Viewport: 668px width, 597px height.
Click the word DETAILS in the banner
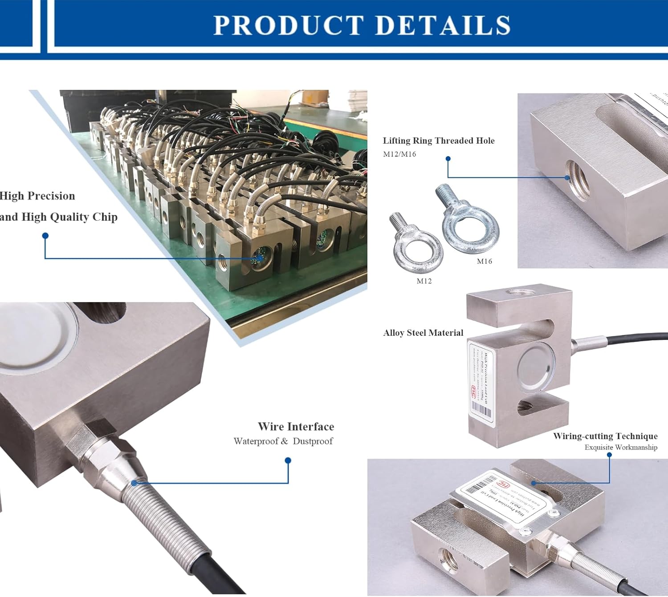(443, 25)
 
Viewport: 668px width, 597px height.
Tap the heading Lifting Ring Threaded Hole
(439, 141)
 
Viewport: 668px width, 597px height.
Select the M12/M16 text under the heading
(399, 154)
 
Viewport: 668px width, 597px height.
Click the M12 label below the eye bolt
(424, 281)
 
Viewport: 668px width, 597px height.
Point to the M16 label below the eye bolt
(485, 261)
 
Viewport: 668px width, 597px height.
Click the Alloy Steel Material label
(423, 333)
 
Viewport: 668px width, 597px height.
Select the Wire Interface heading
(296, 427)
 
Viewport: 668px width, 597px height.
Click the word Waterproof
(256, 441)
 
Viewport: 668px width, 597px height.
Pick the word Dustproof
(313, 441)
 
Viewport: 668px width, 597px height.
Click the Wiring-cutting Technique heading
(605, 436)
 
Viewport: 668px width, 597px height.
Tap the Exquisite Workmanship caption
(621, 447)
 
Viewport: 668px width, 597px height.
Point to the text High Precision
(37, 196)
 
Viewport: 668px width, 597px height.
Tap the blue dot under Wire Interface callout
(288, 461)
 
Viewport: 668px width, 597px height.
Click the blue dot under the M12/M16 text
(448, 159)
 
